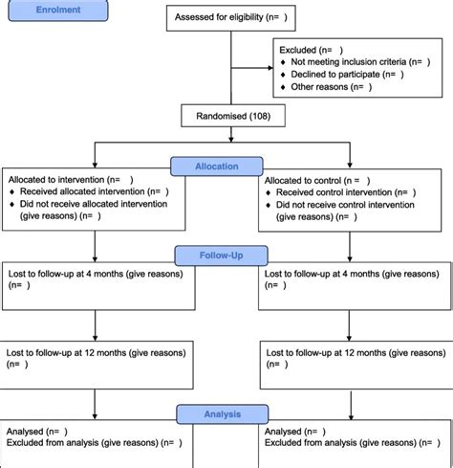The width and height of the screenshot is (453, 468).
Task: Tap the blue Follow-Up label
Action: (222, 256)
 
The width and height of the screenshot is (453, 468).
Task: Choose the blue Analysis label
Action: (222, 413)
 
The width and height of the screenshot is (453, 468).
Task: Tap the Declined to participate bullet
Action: (339, 73)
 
